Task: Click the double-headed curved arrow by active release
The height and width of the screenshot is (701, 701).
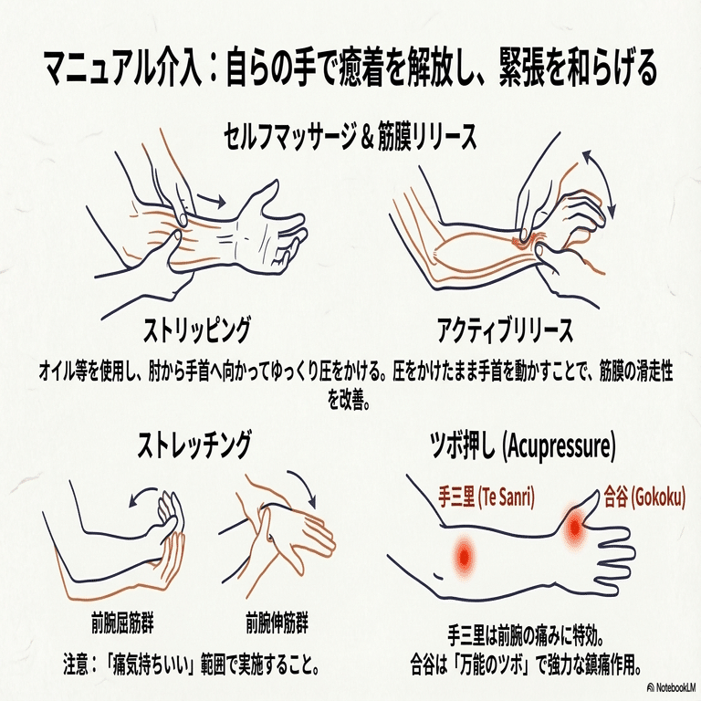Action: pyautogui.click(x=598, y=183)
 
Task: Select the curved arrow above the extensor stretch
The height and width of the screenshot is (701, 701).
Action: pyautogui.click(x=301, y=488)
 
